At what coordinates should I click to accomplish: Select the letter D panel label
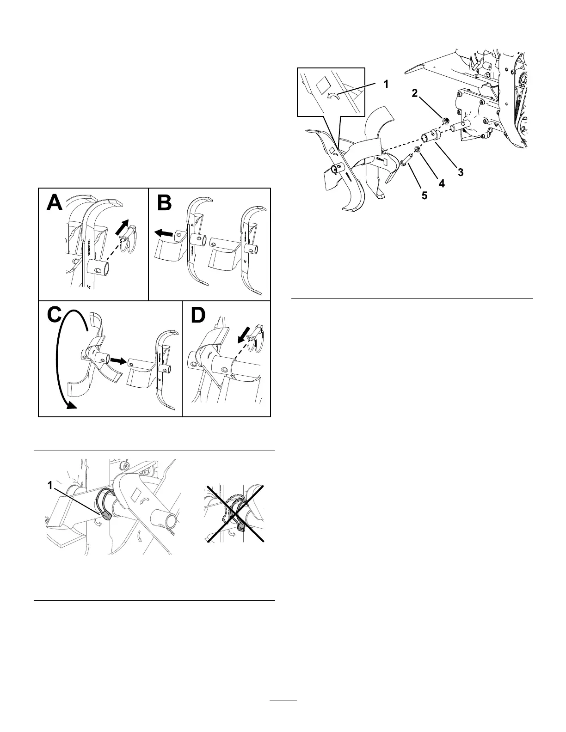point(198,316)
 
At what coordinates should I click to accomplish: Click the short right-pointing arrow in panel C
point(118,360)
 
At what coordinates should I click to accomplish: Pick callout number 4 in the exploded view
point(441,183)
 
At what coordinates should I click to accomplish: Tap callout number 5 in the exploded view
point(424,195)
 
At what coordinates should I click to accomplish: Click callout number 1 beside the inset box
point(385,85)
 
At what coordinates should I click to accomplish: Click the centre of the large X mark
point(236,513)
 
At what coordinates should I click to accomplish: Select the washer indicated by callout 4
point(417,149)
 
